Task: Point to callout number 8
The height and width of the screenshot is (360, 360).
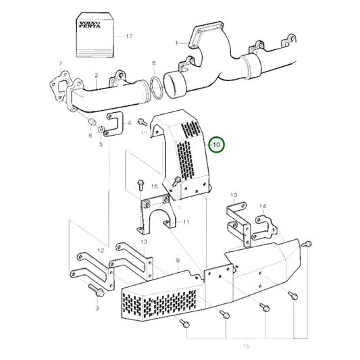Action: point(154,63)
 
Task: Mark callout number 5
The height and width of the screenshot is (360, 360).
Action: point(101,143)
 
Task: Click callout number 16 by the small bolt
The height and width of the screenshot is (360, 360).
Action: point(154,186)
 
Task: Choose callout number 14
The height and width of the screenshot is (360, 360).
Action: point(262,206)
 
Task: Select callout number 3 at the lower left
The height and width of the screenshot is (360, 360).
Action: point(97,308)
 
